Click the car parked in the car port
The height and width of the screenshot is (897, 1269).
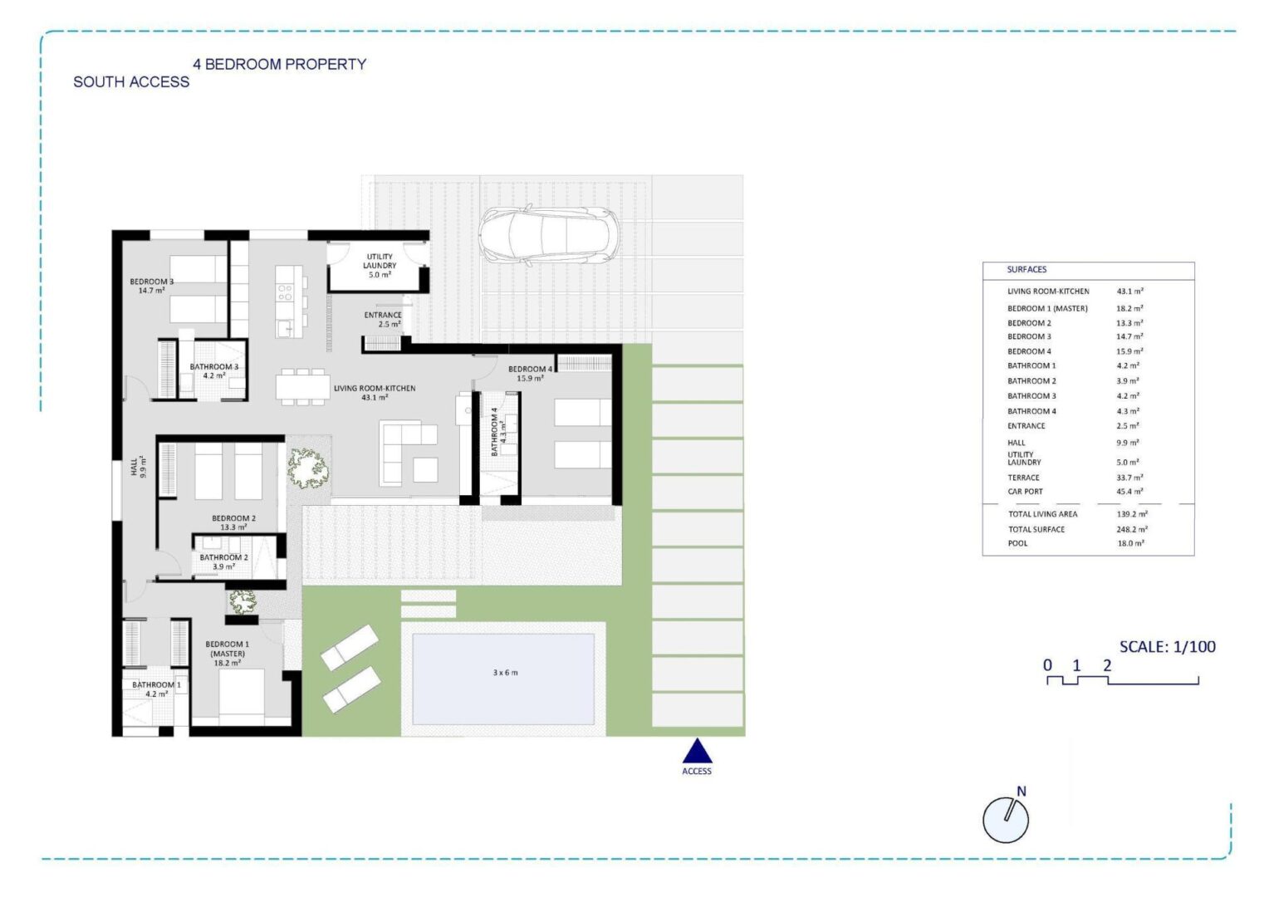[548, 235]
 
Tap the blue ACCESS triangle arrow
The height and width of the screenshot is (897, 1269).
[697, 751]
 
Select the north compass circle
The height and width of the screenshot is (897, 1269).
[1006, 820]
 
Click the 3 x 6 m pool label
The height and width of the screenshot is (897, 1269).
[505, 673]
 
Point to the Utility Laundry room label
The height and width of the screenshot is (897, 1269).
[380, 265]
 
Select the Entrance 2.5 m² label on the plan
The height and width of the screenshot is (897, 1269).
[383, 320]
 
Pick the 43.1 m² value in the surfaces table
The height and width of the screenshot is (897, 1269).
[1129, 292]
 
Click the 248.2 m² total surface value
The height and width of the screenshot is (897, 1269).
[1132, 529]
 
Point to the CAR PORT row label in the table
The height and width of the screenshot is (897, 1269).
[1025, 492]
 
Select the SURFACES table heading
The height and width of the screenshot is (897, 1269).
[1026, 270]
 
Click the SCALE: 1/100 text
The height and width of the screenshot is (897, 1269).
[1168, 646]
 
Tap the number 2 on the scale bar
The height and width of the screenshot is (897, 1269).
[1107, 664]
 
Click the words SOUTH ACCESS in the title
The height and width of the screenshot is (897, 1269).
[131, 82]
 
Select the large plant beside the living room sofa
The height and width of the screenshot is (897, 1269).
[307, 468]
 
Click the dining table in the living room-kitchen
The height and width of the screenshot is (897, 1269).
[303, 387]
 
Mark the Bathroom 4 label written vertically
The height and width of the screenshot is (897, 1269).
[498, 432]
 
